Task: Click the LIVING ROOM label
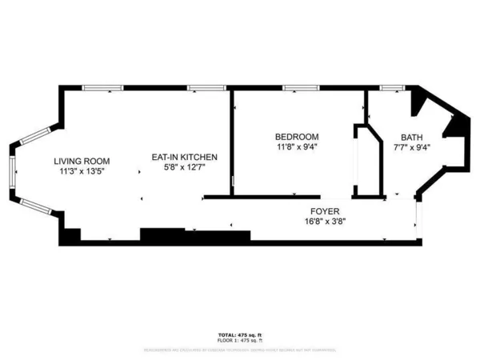point(82,161)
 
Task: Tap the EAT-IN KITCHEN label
point(185,157)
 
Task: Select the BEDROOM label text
point(296,137)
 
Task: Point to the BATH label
point(412,137)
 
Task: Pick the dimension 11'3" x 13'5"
point(82,171)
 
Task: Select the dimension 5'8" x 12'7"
point(185,167)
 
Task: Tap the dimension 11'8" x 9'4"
point(296,147)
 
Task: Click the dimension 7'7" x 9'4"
point(412,147)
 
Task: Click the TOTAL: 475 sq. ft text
point(239,334)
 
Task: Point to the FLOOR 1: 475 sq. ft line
point(239,340)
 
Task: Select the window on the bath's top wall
point(390,86)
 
